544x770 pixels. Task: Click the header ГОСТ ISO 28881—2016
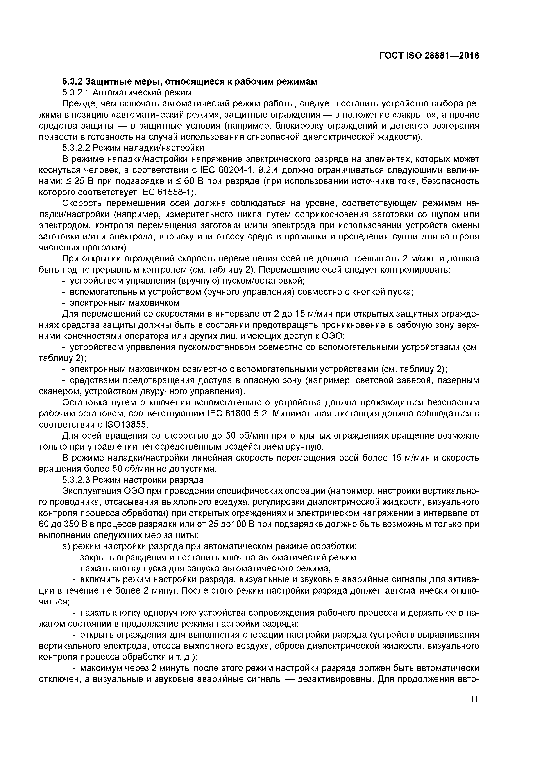click(429, 56)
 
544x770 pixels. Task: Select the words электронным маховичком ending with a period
click(126, 303)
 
